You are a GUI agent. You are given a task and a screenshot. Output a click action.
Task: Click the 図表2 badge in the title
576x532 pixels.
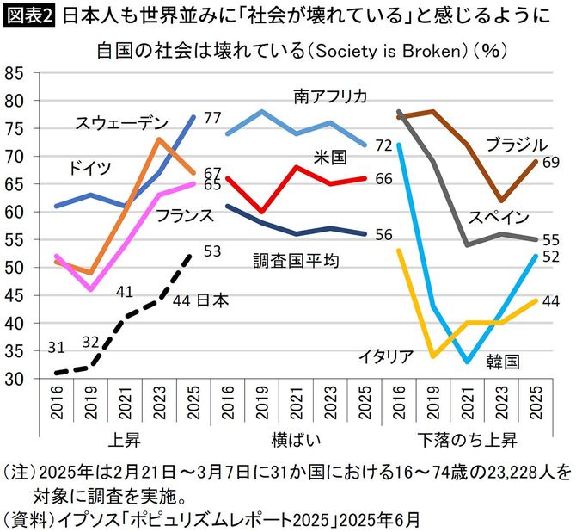click(30, 16)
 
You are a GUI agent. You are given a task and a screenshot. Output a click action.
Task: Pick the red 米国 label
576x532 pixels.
click(331, 158)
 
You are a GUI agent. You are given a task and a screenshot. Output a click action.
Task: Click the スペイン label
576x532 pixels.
click(499, 216)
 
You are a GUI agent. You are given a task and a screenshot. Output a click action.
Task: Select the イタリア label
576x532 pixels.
click(385, 355)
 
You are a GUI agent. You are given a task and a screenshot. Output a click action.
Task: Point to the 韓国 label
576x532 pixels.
click(502, 361)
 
